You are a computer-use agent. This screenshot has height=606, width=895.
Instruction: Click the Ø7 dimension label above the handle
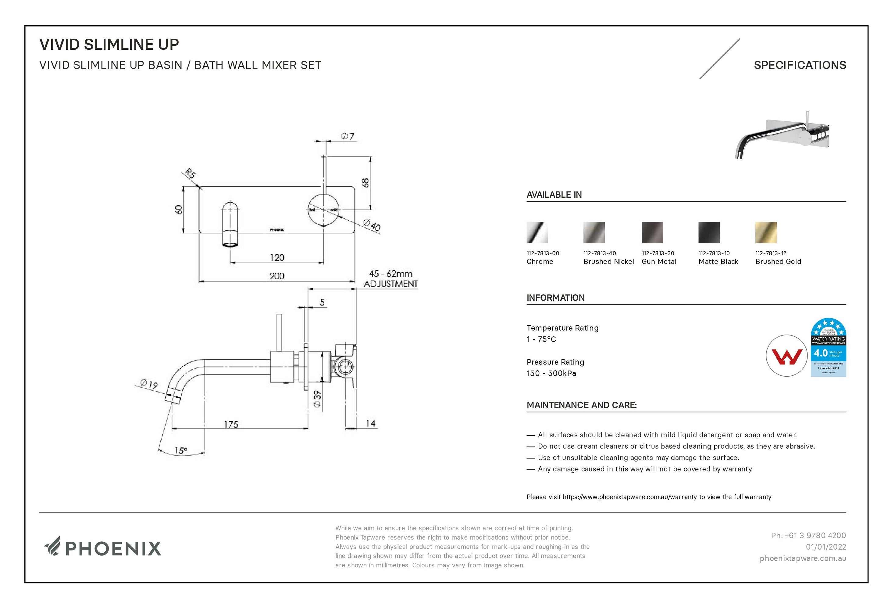click(x=348, y=136)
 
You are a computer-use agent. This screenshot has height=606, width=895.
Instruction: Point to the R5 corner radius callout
click(x=190, y=174)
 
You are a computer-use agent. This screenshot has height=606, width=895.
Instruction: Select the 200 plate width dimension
click(x=276, y=276)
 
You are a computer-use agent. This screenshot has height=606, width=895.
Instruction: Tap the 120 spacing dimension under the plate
click(x=277, y=257)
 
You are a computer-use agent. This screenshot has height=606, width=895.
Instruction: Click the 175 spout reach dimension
click(x=231, y=424)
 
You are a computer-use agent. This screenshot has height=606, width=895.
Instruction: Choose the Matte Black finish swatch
click(x=709, y=232)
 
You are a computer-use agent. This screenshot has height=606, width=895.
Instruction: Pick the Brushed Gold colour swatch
click(x=766, y=232)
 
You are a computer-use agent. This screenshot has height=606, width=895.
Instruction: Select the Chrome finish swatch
click(x=537, y=232)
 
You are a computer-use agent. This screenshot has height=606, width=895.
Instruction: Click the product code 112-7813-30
click(x=658, y=253)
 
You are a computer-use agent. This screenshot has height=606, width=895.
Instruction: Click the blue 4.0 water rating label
click(x=828, y=347)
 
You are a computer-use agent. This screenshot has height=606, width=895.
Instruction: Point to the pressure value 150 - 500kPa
click(x=551, y=373)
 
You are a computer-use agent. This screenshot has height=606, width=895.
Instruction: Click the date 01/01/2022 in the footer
click(x=826, y=547)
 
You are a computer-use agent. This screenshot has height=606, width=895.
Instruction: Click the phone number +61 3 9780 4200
click(x=808, y=535)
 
